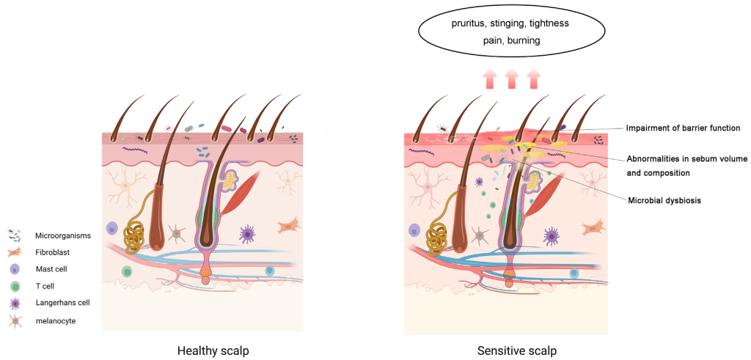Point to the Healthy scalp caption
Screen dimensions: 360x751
(x=213, y=350)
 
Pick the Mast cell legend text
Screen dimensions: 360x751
(x=53, y=269)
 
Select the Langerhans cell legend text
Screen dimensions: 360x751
(x=62, y=303)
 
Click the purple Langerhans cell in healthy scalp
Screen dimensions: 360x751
(x=248, y=234)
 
